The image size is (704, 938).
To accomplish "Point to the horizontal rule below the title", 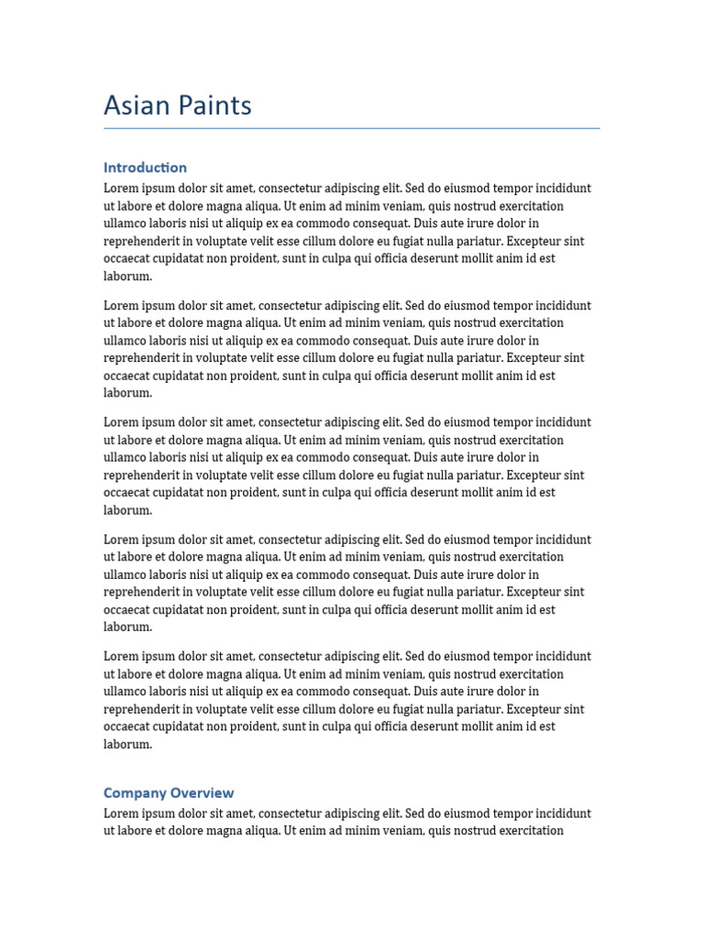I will coord(352,128).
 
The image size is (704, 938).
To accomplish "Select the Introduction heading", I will coord(145,168).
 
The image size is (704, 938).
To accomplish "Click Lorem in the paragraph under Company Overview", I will coord(121,813).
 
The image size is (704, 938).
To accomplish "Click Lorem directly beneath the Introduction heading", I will coord(121,189).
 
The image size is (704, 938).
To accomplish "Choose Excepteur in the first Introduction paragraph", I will coord(535,242).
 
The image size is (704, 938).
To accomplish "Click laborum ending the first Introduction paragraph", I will coord(127,277).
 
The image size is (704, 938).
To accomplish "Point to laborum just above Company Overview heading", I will coord(127,745).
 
